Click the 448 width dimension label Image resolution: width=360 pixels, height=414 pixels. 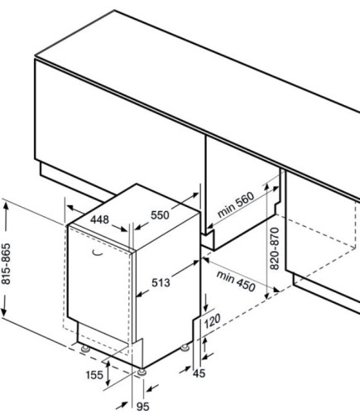click(x=99, y=219)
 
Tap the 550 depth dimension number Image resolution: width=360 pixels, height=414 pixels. click(x=160, y=214)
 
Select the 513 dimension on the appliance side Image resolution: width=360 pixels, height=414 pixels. click(x=161, y=282)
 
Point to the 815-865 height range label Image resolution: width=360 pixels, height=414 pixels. click(x=6, y=263)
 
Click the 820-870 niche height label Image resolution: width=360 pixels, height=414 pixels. click(x=275, y=248)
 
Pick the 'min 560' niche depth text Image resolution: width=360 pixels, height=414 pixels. click(x=235, y=205)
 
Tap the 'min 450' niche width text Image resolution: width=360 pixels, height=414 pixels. click(x=236, y=282)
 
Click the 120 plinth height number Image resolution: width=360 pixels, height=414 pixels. click(x=213, y=321)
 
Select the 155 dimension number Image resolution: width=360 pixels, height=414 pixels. click(x=94, y=375)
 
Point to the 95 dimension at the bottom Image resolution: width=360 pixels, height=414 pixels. click(x=143, y=407)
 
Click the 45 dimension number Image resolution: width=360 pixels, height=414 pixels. click(x=199, y=373)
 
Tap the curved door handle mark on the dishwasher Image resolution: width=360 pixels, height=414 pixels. click(x=98, y=253)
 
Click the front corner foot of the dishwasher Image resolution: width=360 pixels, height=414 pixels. click(x=142, y=372)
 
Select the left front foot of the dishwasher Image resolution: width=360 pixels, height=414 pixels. click(x=85, y=349)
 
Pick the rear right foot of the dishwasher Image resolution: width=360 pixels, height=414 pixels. click(x=185, y=348)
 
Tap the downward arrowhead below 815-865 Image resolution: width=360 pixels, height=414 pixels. click(x=3, y=312)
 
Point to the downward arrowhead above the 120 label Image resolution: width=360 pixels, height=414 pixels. click(x=205, y=307)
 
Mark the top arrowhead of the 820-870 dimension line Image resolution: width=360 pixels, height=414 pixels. click(x=266, y=188)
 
